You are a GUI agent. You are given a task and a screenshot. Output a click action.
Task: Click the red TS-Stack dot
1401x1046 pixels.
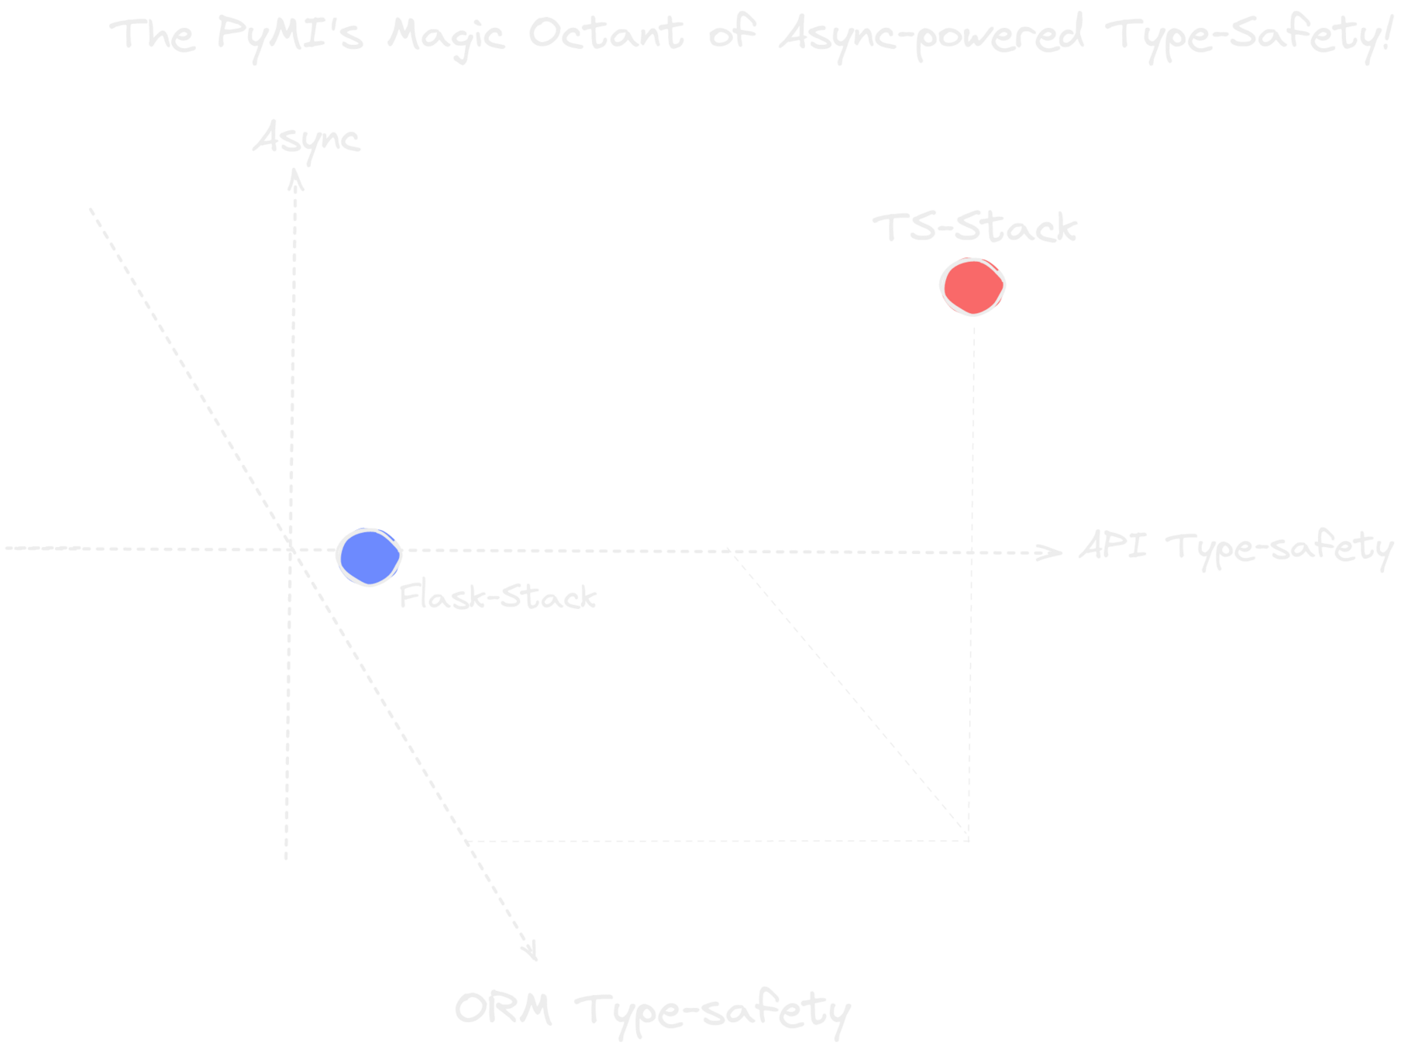[972, 287]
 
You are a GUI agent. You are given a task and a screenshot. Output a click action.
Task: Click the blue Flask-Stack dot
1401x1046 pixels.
[369, 556]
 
